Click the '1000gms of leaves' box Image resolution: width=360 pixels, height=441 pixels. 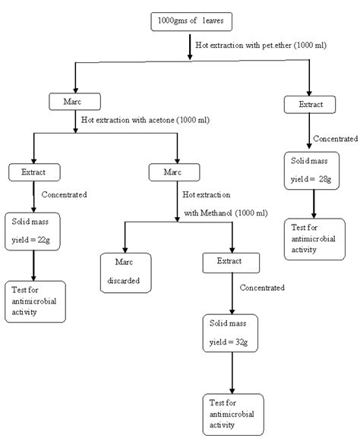tap(185, 21)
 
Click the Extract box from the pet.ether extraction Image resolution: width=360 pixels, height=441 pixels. tap(311, 105)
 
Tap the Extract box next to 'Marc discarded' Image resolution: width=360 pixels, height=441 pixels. tap(232, 263)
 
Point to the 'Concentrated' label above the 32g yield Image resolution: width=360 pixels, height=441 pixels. tap(262, 288)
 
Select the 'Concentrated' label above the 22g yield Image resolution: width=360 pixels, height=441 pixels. tap(64, 194)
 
